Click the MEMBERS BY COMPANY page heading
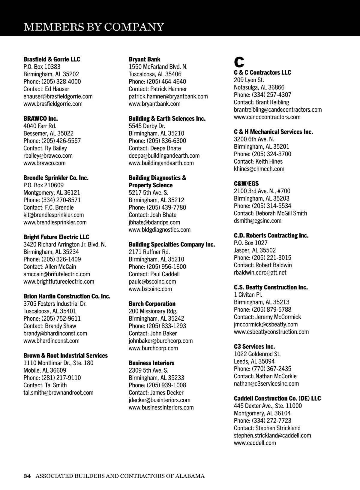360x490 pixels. point(94,27)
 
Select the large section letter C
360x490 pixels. point(239,62)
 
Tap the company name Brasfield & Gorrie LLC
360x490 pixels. point(52,59)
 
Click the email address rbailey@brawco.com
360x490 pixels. point(48,156)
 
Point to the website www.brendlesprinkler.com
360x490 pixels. point(55,222)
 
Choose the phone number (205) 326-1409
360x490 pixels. point(52,259)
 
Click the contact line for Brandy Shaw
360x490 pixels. point(50,326)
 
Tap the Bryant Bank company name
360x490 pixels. point(144,59)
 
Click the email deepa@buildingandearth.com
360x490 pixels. point(164,156)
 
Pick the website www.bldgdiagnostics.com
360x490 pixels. point(160,230)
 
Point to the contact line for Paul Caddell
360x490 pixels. point(154,274)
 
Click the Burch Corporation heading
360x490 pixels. point(152,304)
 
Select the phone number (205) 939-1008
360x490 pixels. point(157,385)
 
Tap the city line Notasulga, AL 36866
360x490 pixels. point(259,87)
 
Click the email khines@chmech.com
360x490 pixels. point(259,169)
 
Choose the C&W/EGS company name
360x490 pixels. point(246,183)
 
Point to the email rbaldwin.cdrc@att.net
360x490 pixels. point(260,272)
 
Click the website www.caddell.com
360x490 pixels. point(255,443)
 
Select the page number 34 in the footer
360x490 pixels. point(27,476)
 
